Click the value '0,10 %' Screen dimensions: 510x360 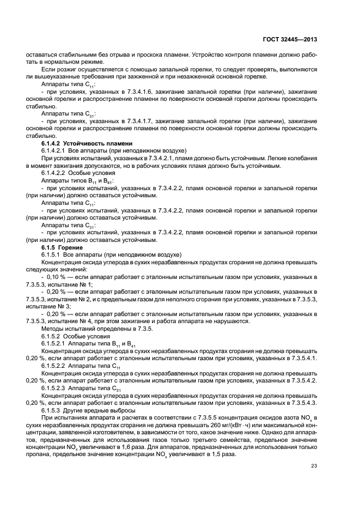[x=56, y=277]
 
